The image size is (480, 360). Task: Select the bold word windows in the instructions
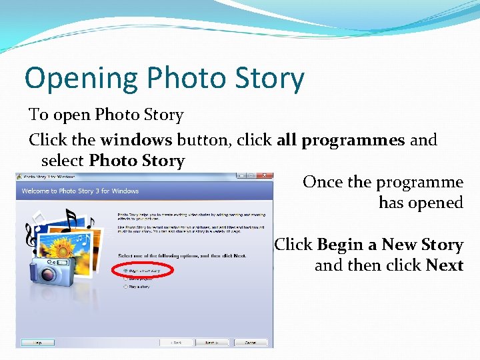coord(136,141)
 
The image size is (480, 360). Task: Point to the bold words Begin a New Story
coord(390,245)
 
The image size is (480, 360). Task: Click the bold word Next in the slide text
coord(445,265)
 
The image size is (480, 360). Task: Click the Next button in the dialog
coord(210,342)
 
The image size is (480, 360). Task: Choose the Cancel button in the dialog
coord(250,342)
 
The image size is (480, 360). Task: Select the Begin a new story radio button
coord(125,271)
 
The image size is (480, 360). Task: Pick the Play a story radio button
coord(125,287)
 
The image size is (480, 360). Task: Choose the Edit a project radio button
coord(125,279)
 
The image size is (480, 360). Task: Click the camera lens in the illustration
coord(48,273)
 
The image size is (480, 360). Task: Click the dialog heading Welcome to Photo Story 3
coord(80,191)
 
